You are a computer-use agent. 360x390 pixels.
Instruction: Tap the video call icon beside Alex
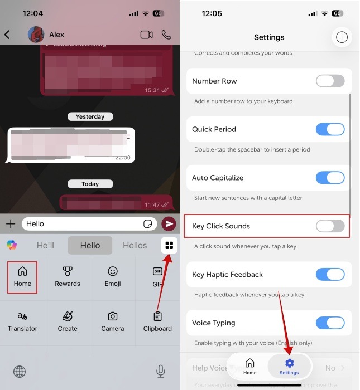click(146, 35)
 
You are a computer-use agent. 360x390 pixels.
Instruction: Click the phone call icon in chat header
click(166, 35)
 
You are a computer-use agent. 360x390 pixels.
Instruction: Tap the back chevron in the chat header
click(7, 35)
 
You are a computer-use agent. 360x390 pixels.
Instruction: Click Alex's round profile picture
click(36, 35)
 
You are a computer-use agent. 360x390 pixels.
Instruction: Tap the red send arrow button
click(168, 224)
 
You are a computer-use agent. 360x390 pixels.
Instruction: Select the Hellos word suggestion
click(135, 245)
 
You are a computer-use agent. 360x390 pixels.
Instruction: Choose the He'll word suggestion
click(45, 245)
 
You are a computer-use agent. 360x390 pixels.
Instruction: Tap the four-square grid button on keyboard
click(169, 245)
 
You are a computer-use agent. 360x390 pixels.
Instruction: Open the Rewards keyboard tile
click(68, 277)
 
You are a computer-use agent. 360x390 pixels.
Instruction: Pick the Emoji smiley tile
click(113, 277)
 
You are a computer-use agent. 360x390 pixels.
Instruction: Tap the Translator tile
click(22, 321)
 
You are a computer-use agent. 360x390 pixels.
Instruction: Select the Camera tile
click(113, 321)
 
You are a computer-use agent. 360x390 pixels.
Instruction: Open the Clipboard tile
click(157, 321)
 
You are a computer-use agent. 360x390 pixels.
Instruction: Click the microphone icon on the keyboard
click(161, 371)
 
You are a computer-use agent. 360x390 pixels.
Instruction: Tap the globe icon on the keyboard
click(20, 371)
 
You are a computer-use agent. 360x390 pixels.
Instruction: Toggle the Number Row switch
click(330, 81)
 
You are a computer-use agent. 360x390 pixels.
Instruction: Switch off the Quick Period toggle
click(330, 129)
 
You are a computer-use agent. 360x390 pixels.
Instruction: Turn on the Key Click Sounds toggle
click(330, 226)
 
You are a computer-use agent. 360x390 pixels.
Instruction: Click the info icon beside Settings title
click(342, 37)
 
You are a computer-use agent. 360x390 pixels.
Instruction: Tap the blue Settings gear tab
click(289, 367)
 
